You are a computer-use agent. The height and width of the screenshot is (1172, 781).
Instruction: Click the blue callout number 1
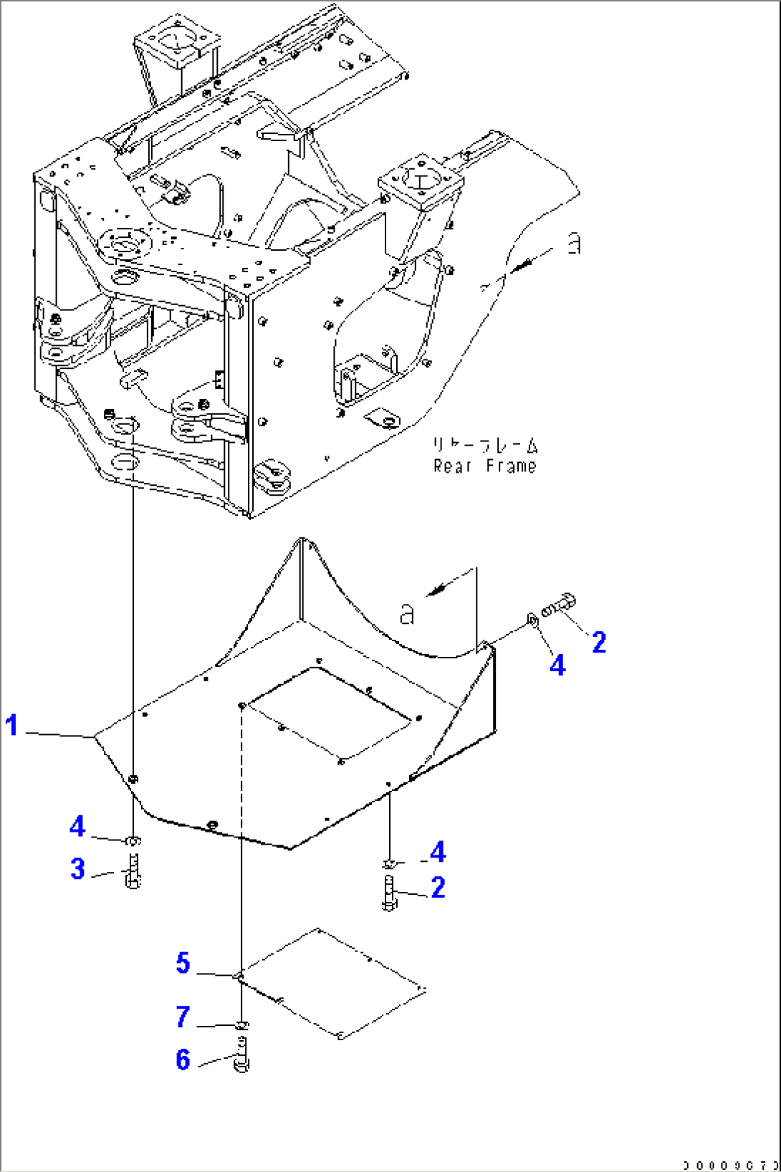coord(11,725)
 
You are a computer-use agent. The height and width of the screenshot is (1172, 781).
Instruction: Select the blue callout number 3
coord(77,869)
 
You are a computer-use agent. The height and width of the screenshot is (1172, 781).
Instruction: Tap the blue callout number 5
coord(183,963)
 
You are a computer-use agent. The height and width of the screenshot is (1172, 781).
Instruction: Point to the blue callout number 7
coord(183,1017)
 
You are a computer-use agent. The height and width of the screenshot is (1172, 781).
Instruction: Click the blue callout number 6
coord(183,1060)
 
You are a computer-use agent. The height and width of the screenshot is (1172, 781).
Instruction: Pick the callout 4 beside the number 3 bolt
coord(77,827)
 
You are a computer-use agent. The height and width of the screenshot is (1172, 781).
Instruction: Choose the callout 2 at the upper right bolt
coord(599,642)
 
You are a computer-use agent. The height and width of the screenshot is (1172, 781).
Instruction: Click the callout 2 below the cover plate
coord(439,888)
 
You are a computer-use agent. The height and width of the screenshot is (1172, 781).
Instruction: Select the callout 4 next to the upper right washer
coord(557,666)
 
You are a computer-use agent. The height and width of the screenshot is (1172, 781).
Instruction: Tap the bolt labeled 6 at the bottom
coord(241,1057)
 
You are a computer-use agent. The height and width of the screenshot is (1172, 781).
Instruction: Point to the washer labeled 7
coord(241,1027)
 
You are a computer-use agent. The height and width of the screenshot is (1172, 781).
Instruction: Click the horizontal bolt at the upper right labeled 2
coord(560,606)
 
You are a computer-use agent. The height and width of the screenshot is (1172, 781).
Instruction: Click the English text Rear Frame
coord(484,466)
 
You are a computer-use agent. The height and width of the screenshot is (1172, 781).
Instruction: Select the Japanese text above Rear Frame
coord(484,446)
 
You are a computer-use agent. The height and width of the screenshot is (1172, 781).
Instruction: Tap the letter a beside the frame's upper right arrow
coord(574,244)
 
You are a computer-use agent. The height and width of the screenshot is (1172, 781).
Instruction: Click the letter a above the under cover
coord(406,613)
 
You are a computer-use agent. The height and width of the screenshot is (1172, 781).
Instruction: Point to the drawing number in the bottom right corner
coord(730,1166)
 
